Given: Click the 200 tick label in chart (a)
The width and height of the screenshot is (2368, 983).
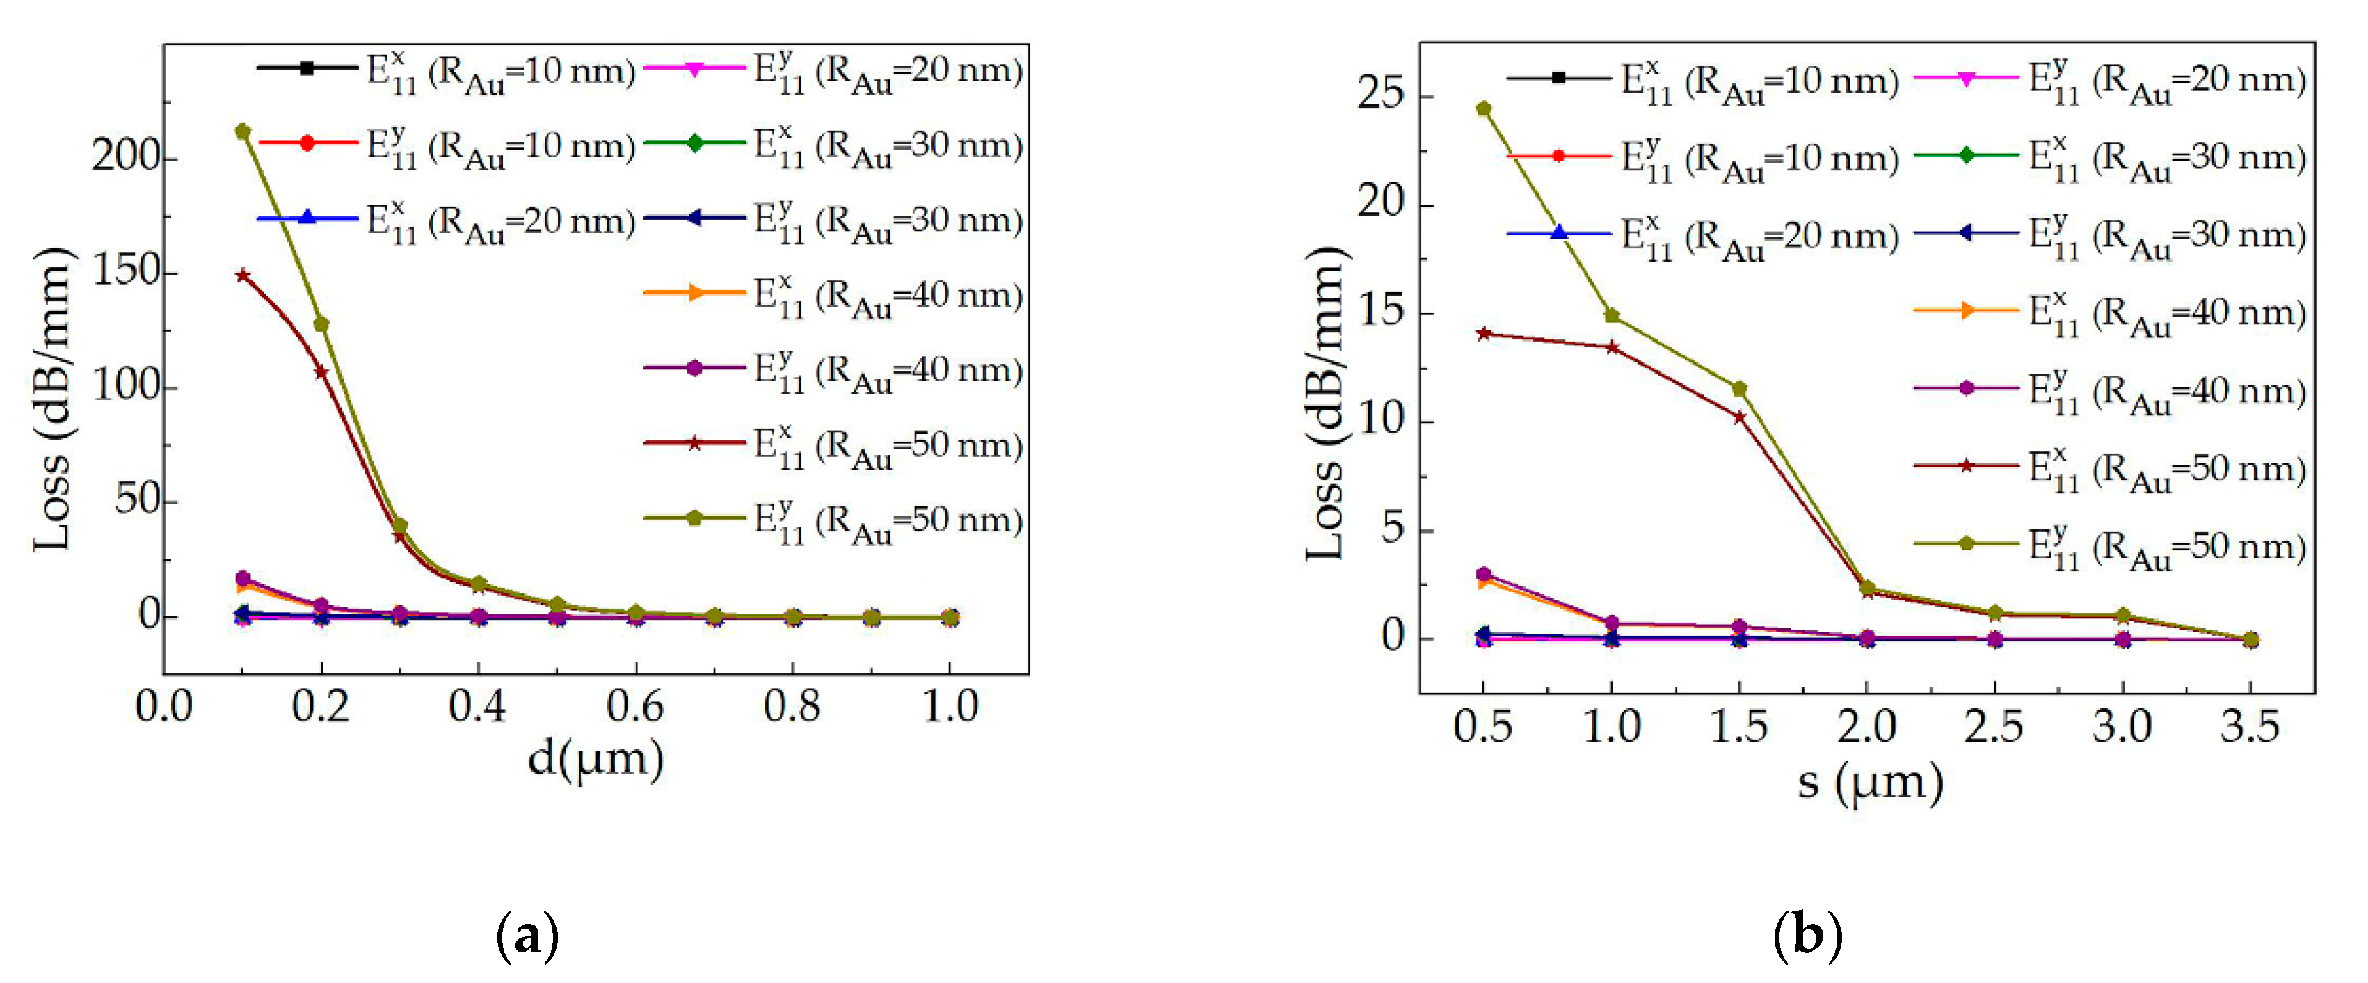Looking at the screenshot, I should tap(124, 157).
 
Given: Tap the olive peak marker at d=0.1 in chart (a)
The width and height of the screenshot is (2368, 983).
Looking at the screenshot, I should tap(243, 131).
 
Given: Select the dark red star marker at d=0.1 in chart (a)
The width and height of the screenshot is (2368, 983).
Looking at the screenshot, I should tap(243, 275).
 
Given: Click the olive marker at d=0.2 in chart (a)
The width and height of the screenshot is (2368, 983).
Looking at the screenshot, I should tap(321, 323).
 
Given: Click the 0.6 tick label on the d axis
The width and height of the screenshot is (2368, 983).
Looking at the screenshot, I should tap(635, 707).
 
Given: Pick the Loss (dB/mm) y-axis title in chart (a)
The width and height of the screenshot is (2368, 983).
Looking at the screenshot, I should tap(52, 400).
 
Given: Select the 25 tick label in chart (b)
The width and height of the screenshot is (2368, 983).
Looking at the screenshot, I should tap(1382, 95).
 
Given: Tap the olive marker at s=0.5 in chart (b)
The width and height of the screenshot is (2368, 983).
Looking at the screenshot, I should tap(1484, 109).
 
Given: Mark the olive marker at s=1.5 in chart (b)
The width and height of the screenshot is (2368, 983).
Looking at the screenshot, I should tap(1739, 389).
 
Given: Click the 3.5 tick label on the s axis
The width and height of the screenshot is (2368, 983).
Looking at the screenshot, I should tap(2250, 728).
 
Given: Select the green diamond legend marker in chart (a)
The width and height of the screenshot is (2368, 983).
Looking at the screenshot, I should tap(695, 143).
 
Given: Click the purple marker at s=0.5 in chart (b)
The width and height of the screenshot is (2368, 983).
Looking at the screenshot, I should tap(1484, 574).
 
